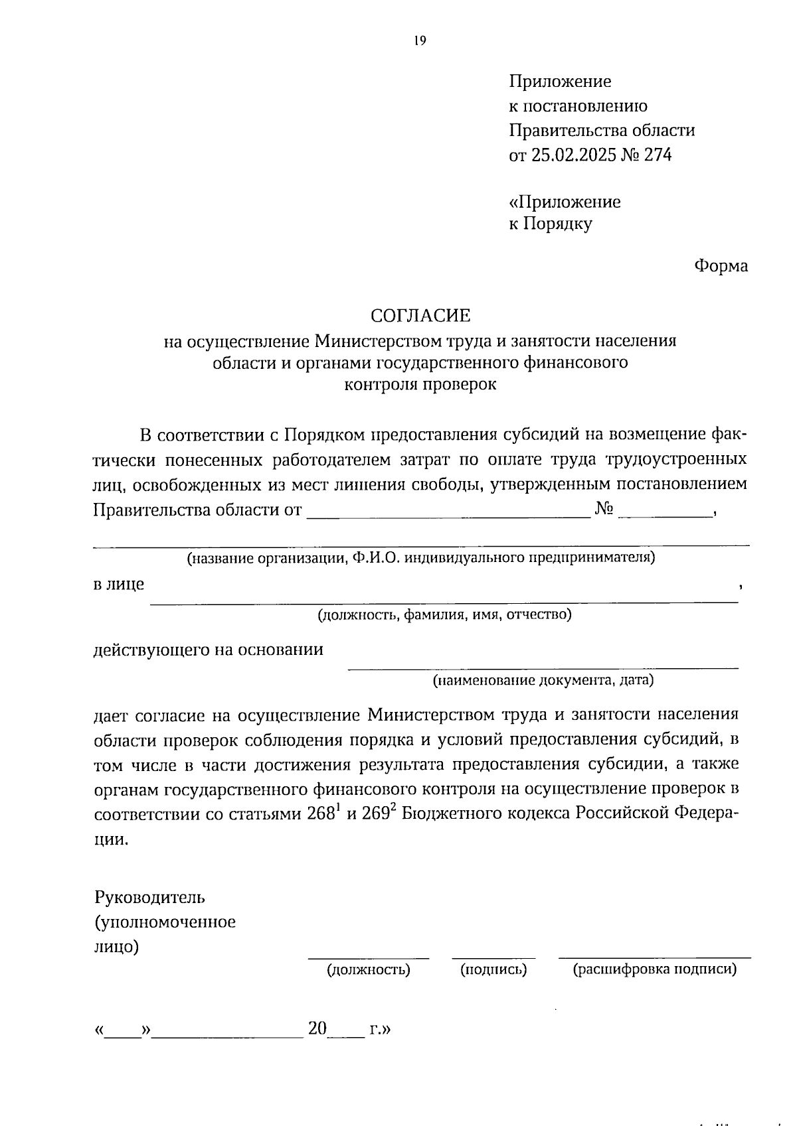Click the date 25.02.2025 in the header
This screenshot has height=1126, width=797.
573,155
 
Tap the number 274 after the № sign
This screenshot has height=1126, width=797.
658,155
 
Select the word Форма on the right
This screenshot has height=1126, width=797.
721,266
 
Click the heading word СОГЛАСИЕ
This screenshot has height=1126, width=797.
420,315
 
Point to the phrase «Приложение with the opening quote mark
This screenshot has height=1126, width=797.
565,202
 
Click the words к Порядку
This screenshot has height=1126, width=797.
551,224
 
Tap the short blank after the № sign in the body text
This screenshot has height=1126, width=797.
664,511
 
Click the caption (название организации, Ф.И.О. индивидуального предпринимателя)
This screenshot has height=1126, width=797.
420,557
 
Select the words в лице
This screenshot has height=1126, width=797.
118,585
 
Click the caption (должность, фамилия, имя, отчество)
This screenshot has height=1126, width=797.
444,614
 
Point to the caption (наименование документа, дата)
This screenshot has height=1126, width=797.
543,680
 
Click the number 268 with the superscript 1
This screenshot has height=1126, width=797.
322,813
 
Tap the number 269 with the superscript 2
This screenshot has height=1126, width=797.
377,813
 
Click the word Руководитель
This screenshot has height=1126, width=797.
150,898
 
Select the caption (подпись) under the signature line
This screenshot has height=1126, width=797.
493,969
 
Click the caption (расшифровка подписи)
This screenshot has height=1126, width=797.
655,969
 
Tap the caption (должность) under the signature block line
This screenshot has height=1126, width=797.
368,969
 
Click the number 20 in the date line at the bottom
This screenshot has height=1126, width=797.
317,1029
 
